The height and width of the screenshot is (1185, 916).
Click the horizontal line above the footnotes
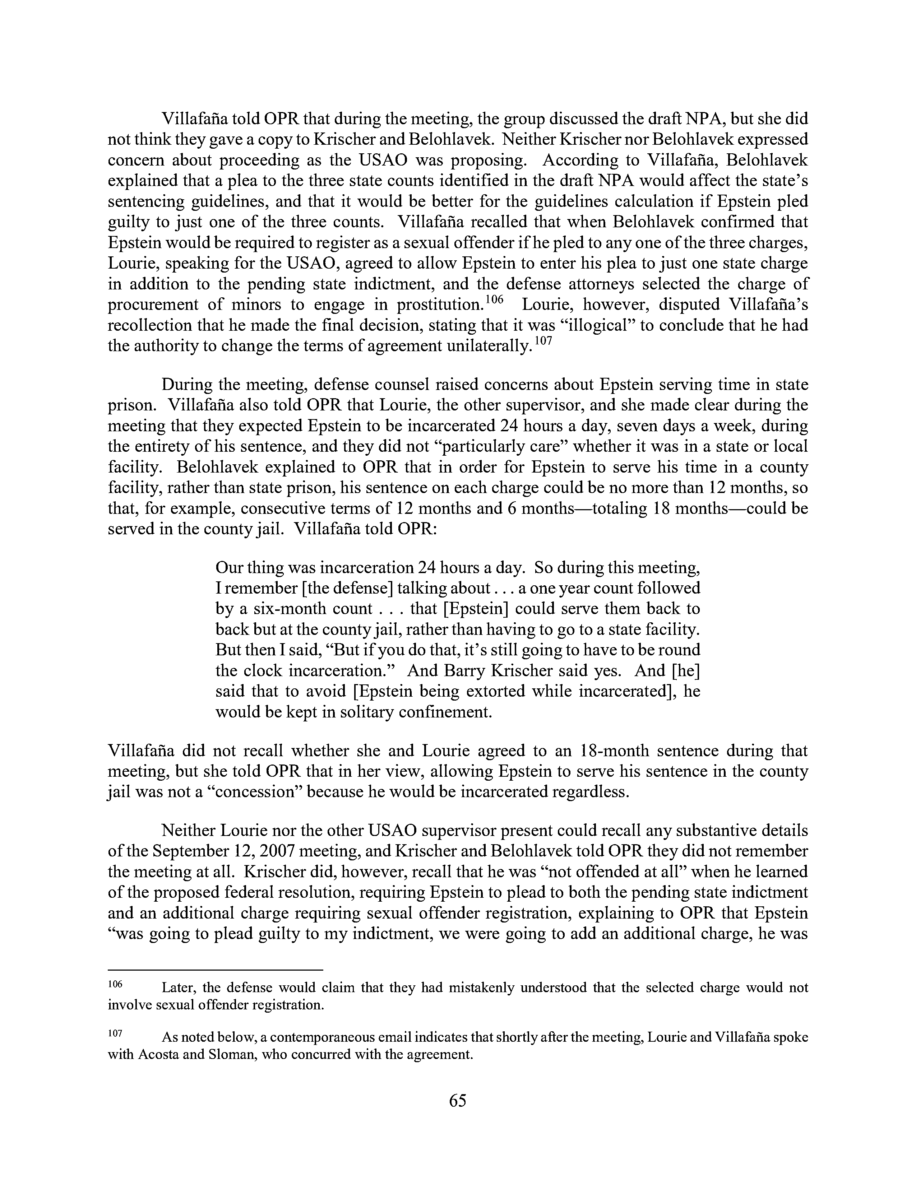coord(216,970)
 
